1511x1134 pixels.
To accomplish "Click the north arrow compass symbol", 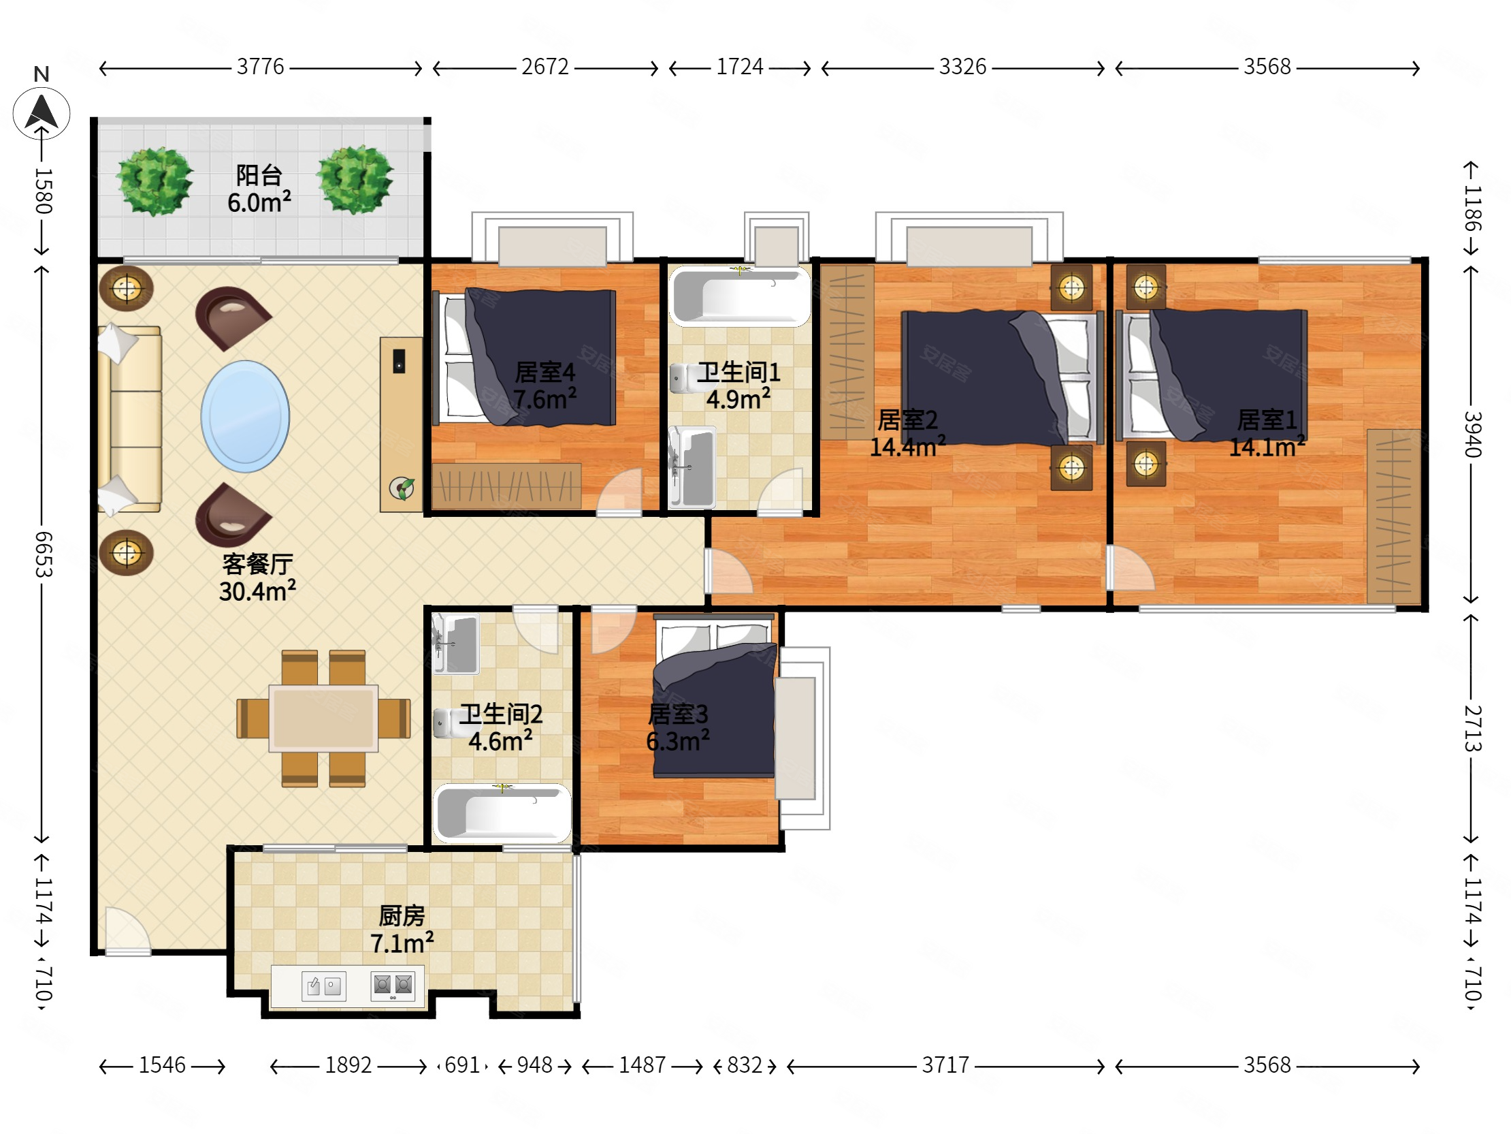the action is pyautogui.click(x=42, y=113).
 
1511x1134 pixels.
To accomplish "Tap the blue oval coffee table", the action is pyautogui.click(x=245, y=416).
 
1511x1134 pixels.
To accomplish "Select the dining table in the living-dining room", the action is pyautogui.click(x=323, y=718).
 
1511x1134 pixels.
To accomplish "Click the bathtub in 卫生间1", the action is pyautogui.click(x=740, y=296).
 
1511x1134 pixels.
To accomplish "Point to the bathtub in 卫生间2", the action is pyautogui.click(x=502, y=813).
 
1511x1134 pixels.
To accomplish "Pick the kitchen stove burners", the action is pyautogui.click(x=393, y=985).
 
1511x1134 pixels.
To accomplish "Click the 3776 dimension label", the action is pyautogui.click(x=260, y=66).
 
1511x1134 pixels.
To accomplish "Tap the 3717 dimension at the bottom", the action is pyautogui.click(x=945, y=1065).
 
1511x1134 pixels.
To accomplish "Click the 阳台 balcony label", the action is pyautogui.click(x=259, y=175).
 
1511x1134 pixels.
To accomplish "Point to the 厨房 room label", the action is pyautogui.click(x=402, y=916).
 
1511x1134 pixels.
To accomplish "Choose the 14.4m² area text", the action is pyautogui.click(x=907, y=447).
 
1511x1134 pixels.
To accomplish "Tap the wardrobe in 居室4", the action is pyautogui.click(x=506, y=486).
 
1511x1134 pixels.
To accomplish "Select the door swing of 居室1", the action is pyautogui.click(x=1131, y=567).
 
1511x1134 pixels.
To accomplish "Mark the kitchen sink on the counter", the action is pyautogui.click(x=324, y=986).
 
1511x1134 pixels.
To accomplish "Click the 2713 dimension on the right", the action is pyautogui.click(x=1472, y=729).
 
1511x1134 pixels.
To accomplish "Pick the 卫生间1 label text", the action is pyautogui.click(x=738, y=373).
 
